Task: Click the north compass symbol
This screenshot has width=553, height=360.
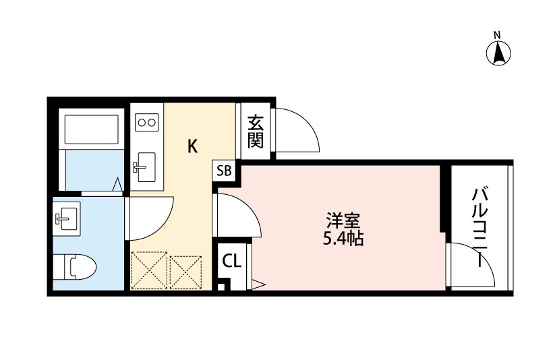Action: pyautogui.click(x=499, y=53)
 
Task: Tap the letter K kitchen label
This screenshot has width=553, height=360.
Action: pyautogui.click(x=192, y=146)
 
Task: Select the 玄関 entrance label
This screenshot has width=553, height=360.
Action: pyautogui.click(x=255, y=131)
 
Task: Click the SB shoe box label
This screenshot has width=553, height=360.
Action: pyautogui.click(x=224, y=171)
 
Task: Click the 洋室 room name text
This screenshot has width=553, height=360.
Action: pyautogui.click(x=343, y=220)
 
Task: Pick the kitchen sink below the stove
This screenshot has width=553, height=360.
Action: pyautogui.click(x=145, y=166)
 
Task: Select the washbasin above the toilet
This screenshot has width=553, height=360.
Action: pyautogui.click(x=67, y=217)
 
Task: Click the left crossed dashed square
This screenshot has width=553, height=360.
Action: pyautogui.click(x=148, y=270)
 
